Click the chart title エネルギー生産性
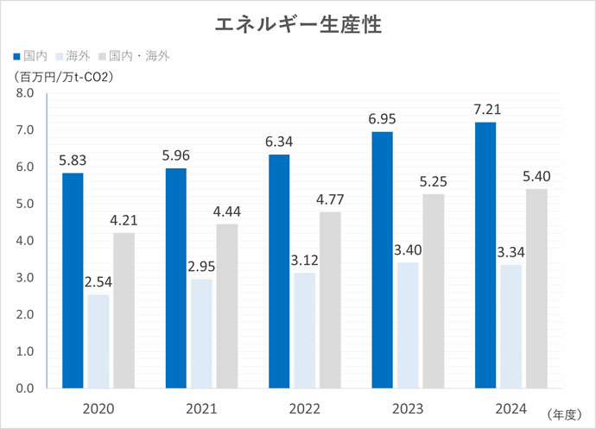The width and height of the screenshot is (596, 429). [298, 23]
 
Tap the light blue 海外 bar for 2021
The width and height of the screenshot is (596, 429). [201, 333]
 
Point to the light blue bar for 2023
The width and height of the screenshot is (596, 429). [407, 325]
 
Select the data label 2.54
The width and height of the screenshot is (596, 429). [99, 281]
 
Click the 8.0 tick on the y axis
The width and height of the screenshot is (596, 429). [23, 92]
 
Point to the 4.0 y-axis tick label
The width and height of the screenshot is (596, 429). [23, 241]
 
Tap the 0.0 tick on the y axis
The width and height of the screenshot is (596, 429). [23, 388]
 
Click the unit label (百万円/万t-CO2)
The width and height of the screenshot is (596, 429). [65, 76]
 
